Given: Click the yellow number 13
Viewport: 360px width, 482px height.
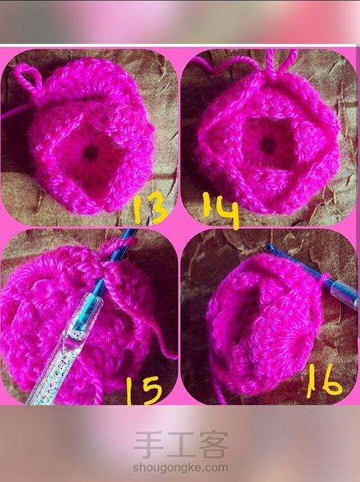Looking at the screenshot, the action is pos(150,207).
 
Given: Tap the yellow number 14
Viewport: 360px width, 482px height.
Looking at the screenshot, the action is pos(221,211).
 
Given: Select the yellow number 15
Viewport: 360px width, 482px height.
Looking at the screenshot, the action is pos(144,390).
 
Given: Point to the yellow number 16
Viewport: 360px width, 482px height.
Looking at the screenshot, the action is pos(324,381).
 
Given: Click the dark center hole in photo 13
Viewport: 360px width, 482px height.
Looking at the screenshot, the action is pos(91,153).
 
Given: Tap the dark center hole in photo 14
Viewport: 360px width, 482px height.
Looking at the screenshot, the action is pos(269,145).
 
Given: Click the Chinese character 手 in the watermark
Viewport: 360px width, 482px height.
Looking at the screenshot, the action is pos(148,445).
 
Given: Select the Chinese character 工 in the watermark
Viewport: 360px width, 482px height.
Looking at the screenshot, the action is pos(181,445).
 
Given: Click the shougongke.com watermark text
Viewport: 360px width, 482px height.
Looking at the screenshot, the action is pos(180,468).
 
